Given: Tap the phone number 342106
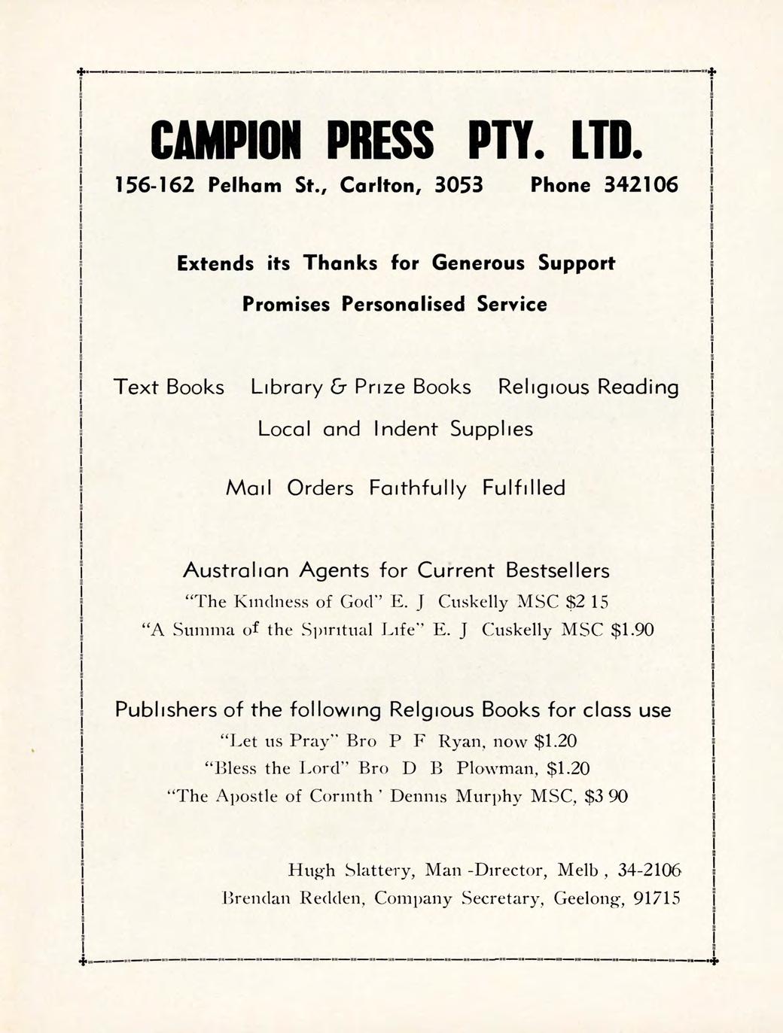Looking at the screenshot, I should tap(641, 185).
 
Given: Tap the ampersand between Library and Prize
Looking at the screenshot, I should tap(337, 387).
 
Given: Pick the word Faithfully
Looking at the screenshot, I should tap(418, 489).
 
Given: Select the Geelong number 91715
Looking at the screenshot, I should tap(657, 898).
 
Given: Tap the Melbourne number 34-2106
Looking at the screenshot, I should tap(648, 871).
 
